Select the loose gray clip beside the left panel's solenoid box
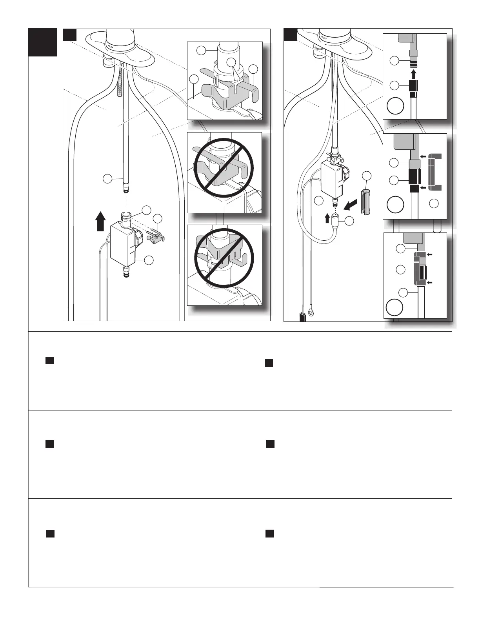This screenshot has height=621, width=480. click(x=156, y=235)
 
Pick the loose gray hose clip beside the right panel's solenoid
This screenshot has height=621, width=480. click(x=366, y=202)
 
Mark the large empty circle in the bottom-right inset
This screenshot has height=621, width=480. click(x=394, y=307)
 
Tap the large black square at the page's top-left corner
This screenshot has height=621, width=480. click(x=43, y=42)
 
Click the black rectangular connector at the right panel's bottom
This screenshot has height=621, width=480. click(x=303, y=316)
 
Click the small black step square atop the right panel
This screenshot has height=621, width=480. click(x=291, y=34)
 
